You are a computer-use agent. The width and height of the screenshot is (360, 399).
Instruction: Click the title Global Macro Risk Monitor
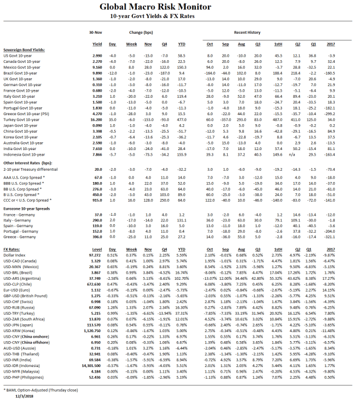click(179, 7)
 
